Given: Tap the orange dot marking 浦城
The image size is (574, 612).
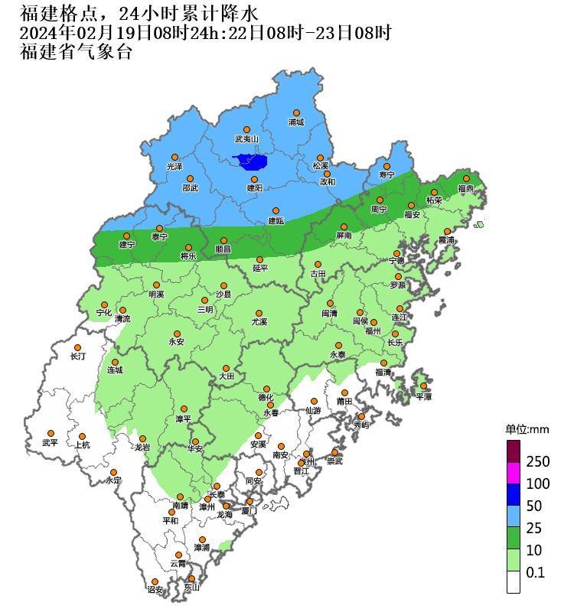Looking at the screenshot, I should pyautogui.click(x=295, y=112).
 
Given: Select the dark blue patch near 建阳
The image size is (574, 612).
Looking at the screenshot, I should pyautogui.click(x=252, y=161).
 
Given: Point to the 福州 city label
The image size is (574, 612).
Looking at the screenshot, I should pyautogui.click(x=372, y=331).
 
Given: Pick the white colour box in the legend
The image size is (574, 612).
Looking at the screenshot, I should pyautogui.click(x=513, y=582).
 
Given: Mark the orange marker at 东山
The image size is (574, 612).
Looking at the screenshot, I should pyautogui.click(x=191, y=579).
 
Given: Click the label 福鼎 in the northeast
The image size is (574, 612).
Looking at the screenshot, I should pyautogui.click(x=465, y=188).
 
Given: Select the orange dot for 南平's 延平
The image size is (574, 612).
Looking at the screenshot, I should pyautogui.click(x=259, y=259).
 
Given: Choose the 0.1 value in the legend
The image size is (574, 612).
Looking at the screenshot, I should pyautogui.click(x=535, y=571).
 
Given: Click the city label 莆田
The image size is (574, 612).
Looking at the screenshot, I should pyautogui.click(x=344, y=402).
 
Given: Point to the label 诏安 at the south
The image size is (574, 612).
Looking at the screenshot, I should pyautogui.click(x=155, y=590).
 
